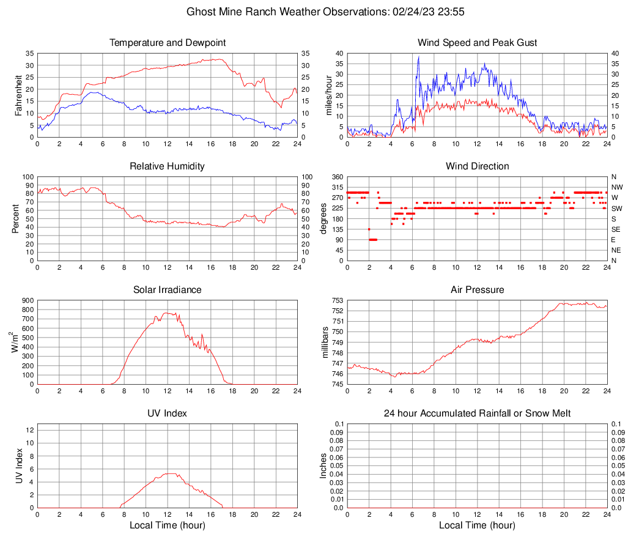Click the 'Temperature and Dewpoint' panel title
click(167, 43)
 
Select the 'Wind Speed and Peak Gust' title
click(477, 43)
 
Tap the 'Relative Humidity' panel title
click(167, 166)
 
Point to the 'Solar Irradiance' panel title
click(167, 290)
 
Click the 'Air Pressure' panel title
click(477, 290)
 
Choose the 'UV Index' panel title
click(167, 413)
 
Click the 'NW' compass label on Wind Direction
click(616, 187)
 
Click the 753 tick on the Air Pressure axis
click(338, 300)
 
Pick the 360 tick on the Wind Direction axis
click(338, 177)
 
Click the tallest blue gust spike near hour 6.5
click(419, 57)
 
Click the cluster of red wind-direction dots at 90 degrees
click(373, 239)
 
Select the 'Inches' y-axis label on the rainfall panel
click(323, 466)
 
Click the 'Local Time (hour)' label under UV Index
click(167, 525)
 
